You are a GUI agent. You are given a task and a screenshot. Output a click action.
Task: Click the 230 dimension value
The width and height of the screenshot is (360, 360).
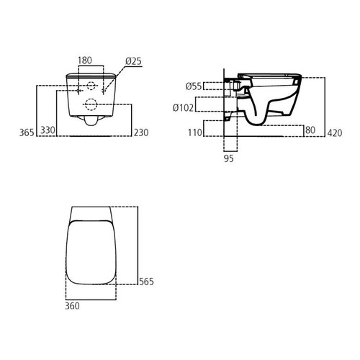click(x=142, y=132)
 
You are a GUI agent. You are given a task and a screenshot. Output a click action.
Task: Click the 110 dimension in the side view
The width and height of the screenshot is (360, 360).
click(x=194, y=132)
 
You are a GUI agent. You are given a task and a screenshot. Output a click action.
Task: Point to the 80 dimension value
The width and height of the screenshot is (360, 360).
click(x=310, y=131)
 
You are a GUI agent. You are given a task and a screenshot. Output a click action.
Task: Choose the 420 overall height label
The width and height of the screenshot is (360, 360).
click(x=333, y=132)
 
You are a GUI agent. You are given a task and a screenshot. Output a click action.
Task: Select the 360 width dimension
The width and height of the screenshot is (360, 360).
click(x=72, y=306)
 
